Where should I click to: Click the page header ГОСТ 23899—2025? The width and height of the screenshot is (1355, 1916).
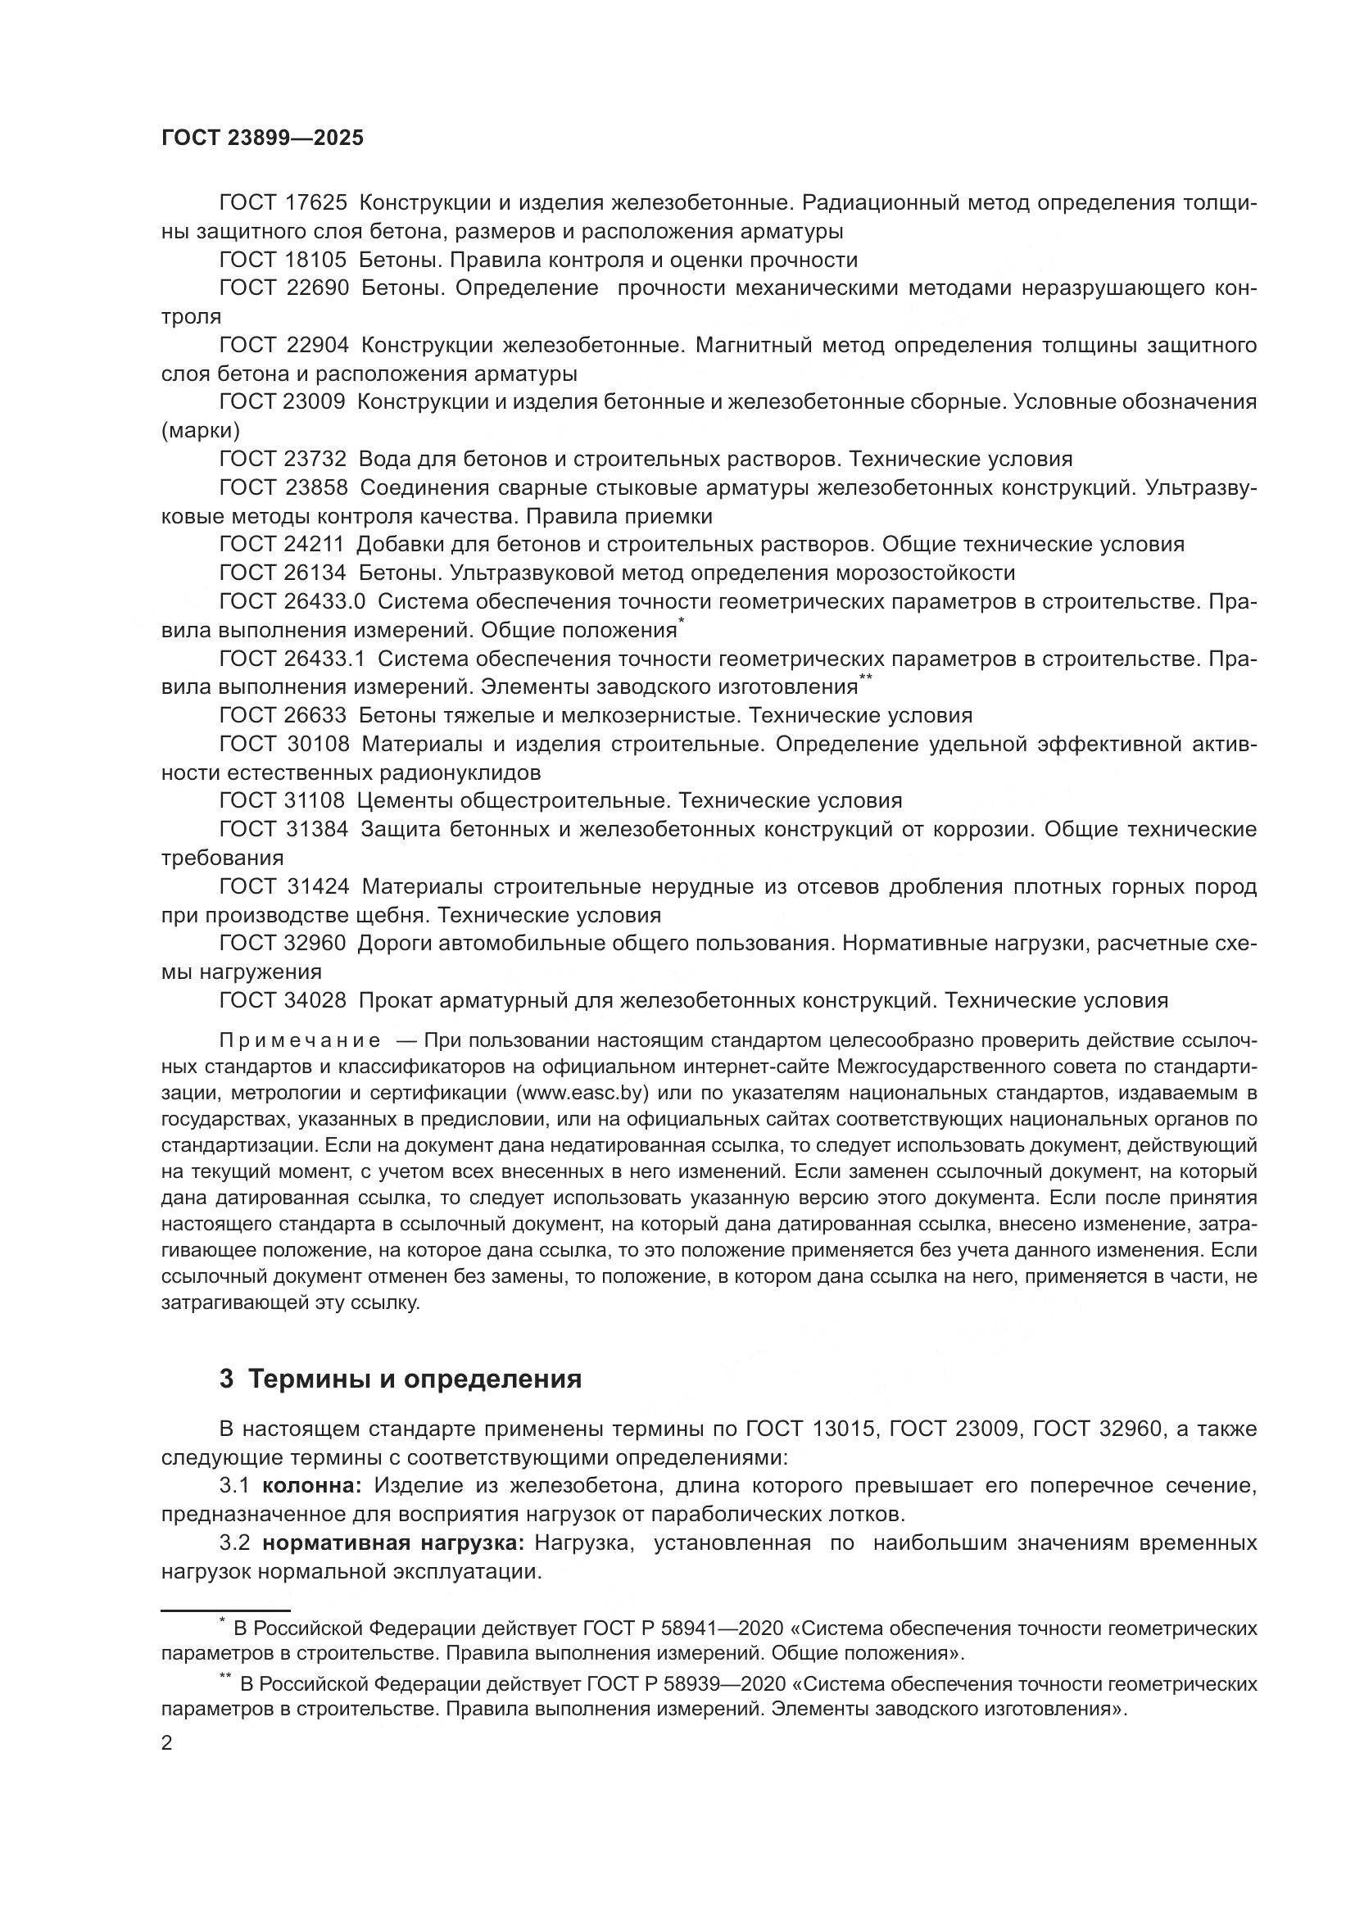point(262,138)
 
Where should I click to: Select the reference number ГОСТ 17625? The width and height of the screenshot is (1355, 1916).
point(282,203)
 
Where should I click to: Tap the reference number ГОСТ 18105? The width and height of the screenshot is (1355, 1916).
point(282,260)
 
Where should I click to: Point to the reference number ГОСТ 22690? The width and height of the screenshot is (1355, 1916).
point(282,288)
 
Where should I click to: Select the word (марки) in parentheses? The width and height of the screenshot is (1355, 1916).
point(200,431)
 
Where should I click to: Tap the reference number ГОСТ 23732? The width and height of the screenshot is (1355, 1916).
point(282,459)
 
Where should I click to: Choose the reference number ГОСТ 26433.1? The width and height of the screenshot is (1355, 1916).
point(292,659)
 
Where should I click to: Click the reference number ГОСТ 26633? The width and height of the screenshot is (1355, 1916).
point(282,715)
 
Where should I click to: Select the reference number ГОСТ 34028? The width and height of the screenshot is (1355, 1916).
point(282,999)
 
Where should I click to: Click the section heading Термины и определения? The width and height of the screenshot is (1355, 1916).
point(415,1379)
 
